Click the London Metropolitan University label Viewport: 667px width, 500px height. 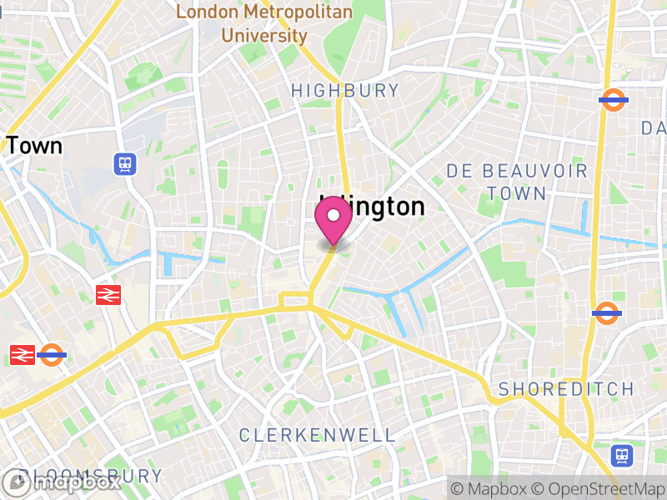(263, 24)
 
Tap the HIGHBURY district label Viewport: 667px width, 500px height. (344, 90)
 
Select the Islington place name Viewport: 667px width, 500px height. (373, 207)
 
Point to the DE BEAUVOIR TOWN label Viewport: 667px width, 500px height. (517, 182)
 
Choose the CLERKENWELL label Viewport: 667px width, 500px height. (317, 435)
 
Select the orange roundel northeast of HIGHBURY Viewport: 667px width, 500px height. (613, 100)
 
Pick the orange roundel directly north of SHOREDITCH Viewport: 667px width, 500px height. (606, 313)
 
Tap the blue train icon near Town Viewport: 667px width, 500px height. (125, 163)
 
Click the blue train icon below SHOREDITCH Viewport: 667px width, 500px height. (622, 455)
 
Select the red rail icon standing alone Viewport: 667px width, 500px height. (108, 294)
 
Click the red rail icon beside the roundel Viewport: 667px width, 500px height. (22, 354)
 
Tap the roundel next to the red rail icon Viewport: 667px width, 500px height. (52, 354)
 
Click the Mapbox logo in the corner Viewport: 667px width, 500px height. (62, 482)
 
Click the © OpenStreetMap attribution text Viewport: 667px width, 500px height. (598, 488)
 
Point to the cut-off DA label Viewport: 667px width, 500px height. (653, 127)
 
